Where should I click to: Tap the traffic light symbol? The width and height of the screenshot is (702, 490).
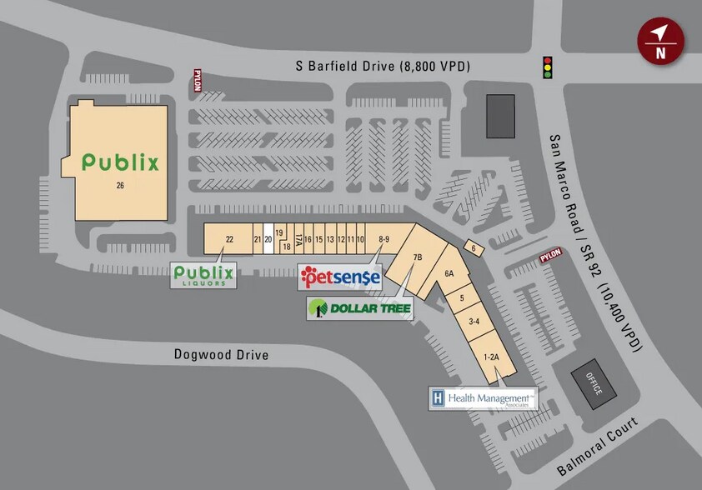(548, 67)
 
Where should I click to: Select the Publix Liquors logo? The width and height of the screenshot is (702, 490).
(203, 274)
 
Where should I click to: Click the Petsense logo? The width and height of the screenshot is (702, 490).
(340, 277)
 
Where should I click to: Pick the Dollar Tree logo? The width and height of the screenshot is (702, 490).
(360, 309)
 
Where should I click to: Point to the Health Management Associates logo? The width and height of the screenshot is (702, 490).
(483, 399)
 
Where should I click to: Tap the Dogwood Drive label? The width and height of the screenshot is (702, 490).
(222, 354)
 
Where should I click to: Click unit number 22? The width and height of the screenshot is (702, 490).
(229, 239)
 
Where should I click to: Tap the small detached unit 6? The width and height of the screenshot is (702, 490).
(473, 248)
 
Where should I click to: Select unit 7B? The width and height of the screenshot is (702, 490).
(418, 257)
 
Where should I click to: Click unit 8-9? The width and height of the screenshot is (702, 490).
(384, 239)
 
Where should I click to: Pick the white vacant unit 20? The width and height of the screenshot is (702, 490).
(268, 239)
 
